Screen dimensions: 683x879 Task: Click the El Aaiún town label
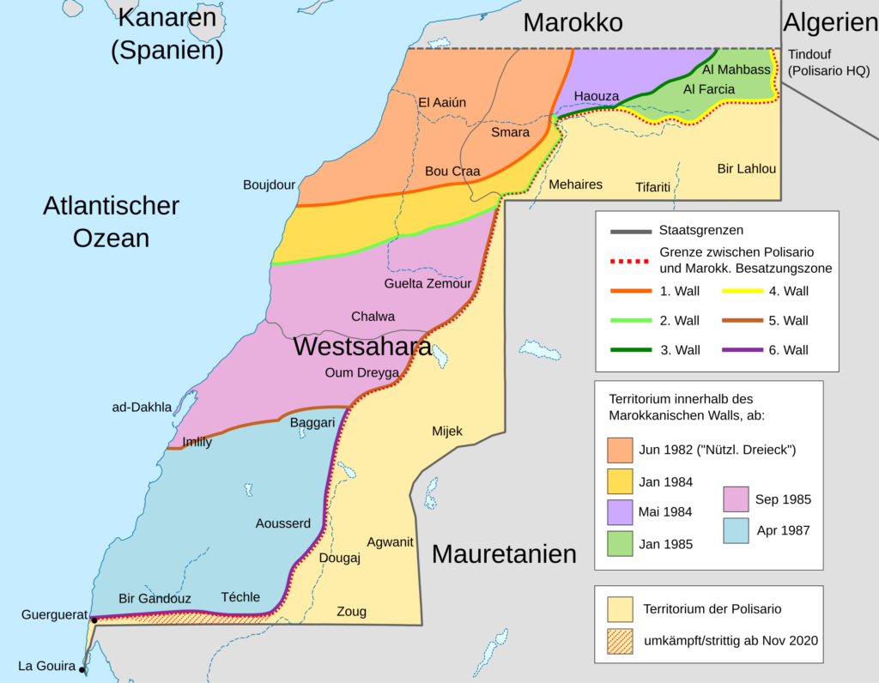[x=442, y=103]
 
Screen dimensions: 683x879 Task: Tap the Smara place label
[x=510, y=132]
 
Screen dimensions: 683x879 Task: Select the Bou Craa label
[x=452, y=171]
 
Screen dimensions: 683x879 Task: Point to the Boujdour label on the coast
[x=269, y=184]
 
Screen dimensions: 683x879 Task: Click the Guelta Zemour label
[x=427, y=284]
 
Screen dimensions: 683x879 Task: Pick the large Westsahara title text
[x=362, y=348]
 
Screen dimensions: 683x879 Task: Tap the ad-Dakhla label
[x=142, y=407]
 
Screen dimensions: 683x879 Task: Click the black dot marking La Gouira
[x=82, y=670]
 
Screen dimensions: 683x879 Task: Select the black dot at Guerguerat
[x=94, y=620]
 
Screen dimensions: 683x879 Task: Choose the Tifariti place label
[x=652, y=186]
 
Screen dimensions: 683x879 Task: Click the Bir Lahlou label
[x=746, y=168]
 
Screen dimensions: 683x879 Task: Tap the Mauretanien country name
[x=504, y=554]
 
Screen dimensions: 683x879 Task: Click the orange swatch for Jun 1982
[x=620, y=450]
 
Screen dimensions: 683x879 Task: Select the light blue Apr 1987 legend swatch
[x=736, y=530]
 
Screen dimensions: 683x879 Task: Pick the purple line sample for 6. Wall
[x=743, y=350]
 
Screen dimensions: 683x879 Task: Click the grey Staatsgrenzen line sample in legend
[x=630, y=232]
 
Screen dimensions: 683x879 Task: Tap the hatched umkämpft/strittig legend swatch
[x=620, y=640]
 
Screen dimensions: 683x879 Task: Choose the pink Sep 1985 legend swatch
[x=736, y=499]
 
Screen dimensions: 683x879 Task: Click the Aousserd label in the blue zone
[x=282, y=523]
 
